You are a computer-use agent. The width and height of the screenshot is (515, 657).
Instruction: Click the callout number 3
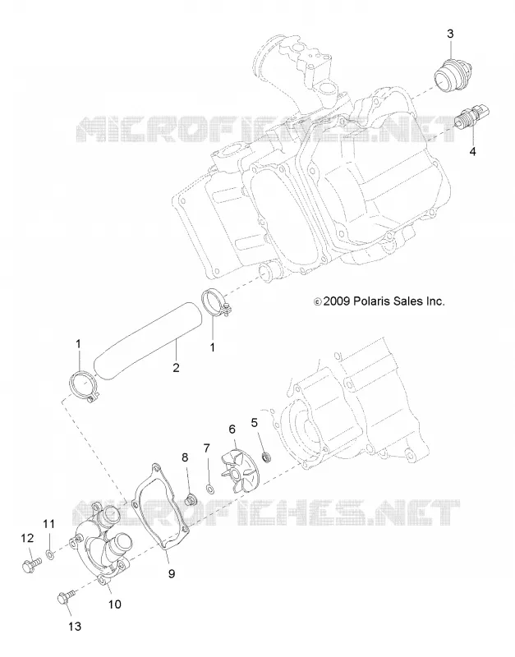450,34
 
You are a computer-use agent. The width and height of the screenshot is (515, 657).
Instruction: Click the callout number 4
472,151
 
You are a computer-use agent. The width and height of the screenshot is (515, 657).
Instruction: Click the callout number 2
176,367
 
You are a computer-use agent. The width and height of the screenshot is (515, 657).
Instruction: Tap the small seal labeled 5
265,457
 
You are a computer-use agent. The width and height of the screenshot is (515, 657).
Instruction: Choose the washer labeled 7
209,489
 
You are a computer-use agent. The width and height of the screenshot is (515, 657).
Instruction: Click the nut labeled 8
191,499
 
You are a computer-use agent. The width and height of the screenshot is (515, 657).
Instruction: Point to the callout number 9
172,573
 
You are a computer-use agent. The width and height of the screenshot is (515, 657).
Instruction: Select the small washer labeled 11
50,556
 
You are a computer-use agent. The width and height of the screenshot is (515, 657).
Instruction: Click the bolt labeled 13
67,597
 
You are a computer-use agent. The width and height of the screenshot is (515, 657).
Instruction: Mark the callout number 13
74,627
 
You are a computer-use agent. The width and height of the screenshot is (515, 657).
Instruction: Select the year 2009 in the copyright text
337,301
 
